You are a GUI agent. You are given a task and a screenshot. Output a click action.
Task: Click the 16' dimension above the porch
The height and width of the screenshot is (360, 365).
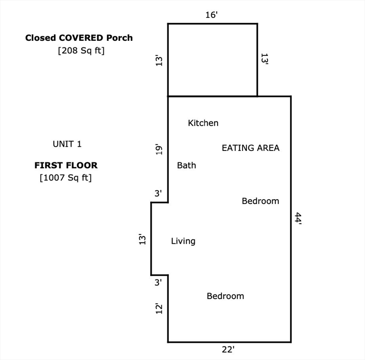point(212,15)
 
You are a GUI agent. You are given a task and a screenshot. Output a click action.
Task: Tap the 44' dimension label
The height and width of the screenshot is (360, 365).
point(298,218)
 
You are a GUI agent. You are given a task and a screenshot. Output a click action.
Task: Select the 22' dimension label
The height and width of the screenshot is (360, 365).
point(228,350)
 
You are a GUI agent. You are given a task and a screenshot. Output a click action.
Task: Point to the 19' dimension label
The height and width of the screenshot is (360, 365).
point(159,150)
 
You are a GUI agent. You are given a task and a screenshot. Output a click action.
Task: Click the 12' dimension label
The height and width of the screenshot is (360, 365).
point(159,308)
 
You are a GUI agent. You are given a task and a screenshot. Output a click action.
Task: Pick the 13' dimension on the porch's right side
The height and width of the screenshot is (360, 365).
point(265,60)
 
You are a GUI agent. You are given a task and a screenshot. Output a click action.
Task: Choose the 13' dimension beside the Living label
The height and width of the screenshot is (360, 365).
point(142,239)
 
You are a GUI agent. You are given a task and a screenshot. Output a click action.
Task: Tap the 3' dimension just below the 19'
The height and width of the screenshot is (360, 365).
point(158,193)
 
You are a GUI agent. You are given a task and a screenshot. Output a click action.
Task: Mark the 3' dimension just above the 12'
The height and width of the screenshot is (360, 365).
point(158,282)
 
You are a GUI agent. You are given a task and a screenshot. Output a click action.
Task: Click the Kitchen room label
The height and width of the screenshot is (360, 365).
point(203,123)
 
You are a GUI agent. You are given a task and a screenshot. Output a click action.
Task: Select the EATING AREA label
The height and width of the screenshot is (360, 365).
point(251,148)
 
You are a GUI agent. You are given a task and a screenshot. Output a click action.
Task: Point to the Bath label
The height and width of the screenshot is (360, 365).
point(186,165)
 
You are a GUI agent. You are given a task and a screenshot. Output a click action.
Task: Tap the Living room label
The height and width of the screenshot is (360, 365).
point(183,241)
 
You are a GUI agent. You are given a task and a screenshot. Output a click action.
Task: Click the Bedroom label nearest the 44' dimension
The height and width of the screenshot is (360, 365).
point(260,201)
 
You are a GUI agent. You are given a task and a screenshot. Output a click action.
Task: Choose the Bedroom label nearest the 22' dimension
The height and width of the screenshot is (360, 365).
point(225,296)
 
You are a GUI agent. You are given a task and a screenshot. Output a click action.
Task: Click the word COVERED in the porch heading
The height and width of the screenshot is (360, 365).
point(81,38)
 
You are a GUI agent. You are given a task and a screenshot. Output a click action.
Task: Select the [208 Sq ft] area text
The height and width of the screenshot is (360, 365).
point(81,51)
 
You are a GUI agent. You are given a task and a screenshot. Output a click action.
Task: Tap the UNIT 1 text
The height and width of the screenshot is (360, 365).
point(67,144)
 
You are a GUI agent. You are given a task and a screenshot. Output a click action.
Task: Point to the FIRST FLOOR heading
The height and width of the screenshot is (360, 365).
point(66,165)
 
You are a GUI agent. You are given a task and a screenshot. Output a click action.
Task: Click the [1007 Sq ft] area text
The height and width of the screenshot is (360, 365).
point(66,178)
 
